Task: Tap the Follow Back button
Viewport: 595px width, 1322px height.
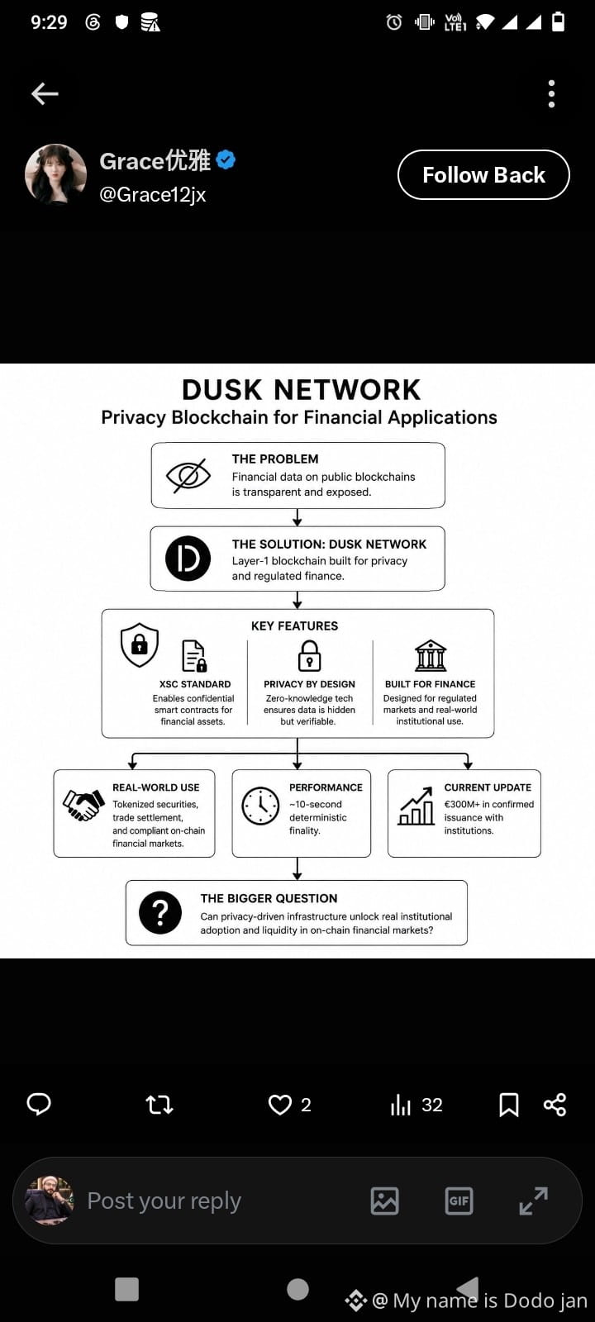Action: pyautogui.click(x=483, y=174)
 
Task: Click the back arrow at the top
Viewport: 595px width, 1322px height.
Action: pyautogui.click(x=45, y=93)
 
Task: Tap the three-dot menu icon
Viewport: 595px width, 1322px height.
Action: pyautogui.click(x=551, y=94)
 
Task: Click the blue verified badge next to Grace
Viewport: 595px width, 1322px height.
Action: pyautogui.click(x=226, y=159)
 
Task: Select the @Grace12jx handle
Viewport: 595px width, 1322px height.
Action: pyautogui.click(x=152, y=194)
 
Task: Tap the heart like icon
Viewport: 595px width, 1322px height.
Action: pyautogui.click(x=280, y=1104)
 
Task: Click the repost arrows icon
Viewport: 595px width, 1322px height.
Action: pyautogui.click(x=159, y=1104)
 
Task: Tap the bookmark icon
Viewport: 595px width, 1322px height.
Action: pyautogui.click(x=509, y=1105)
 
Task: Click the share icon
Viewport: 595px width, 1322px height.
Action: pyautogui.click(x=555, y=1104)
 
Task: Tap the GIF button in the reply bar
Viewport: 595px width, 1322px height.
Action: pyautogui.click(x=459, y=1201)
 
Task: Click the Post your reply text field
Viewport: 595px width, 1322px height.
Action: pyautogui.click(x=164, y=1201)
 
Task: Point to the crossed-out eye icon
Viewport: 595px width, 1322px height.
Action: pyautogui.click(x=188, y=475)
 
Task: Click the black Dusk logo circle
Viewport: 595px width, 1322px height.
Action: pyautogui.click(x=188, y=559)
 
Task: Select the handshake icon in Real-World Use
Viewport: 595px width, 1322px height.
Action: pyautogui.click(x=83, y=805)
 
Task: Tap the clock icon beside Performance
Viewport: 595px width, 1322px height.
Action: pyautogui.click(x=260, y=806)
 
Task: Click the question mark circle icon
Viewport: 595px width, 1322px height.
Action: pyautogui.click(x=160, y=912)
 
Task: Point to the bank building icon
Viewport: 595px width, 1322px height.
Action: pyautogui.click(x=431, y=656)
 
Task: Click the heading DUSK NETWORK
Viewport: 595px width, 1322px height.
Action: pyautogui.click(x=301, y=390)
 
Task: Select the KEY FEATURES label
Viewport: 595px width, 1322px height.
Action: pyautogui.click(x=294, y=625)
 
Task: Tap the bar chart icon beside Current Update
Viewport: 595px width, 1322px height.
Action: pyautogui.click(x=416, y=806)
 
